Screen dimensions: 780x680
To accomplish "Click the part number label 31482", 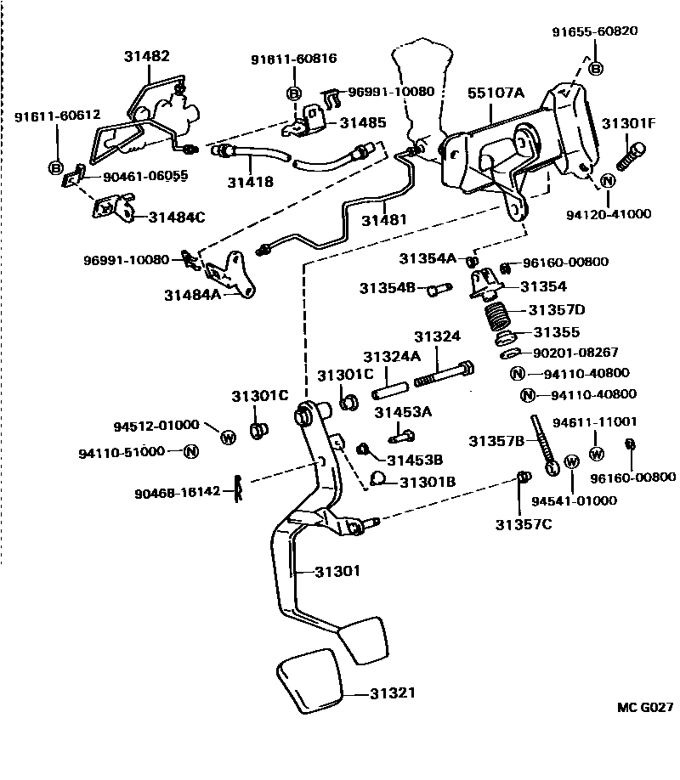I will point(147,57).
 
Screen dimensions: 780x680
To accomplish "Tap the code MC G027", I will point(645,706).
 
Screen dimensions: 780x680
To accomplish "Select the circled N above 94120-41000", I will point(609,181).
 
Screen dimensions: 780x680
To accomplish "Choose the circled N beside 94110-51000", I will point(190,451).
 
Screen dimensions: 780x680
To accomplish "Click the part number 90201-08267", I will point(576,352).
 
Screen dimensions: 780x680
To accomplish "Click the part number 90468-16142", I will point(180,491).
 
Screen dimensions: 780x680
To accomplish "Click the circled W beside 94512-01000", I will point(228,437).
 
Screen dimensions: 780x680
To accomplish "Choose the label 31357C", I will point(524,524).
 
